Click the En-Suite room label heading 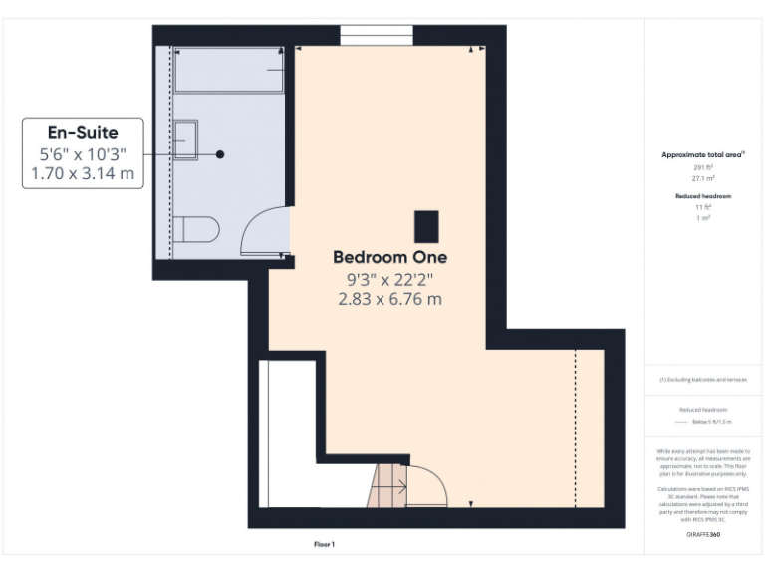pyautogui.click(x=83, y=132)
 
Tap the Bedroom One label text pyautogui.click(x=389, y=257)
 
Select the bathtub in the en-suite pyautogui.click(x=230, y=70)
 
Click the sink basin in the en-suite pyautogui.click(x=185, y=141)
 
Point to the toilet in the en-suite pyautogui.click(x=197, y=230)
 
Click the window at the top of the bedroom pyautogui.click(x=377, y=35)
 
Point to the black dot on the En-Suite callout pyautogui.click(x=220, y=154)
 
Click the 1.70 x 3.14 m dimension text pyautogui.click(x=83, y=175)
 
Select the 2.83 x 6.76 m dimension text pyautogui.click(x=389, y=299)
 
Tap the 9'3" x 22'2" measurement pyautogui.click(x=389, y=279)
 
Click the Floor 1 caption pyautogui.click(x=325, y=544)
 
